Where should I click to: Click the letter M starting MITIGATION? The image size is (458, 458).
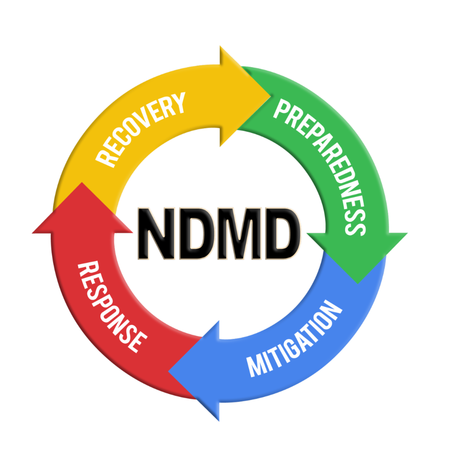(255, 366)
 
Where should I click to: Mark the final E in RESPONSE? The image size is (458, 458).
(138, 342)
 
